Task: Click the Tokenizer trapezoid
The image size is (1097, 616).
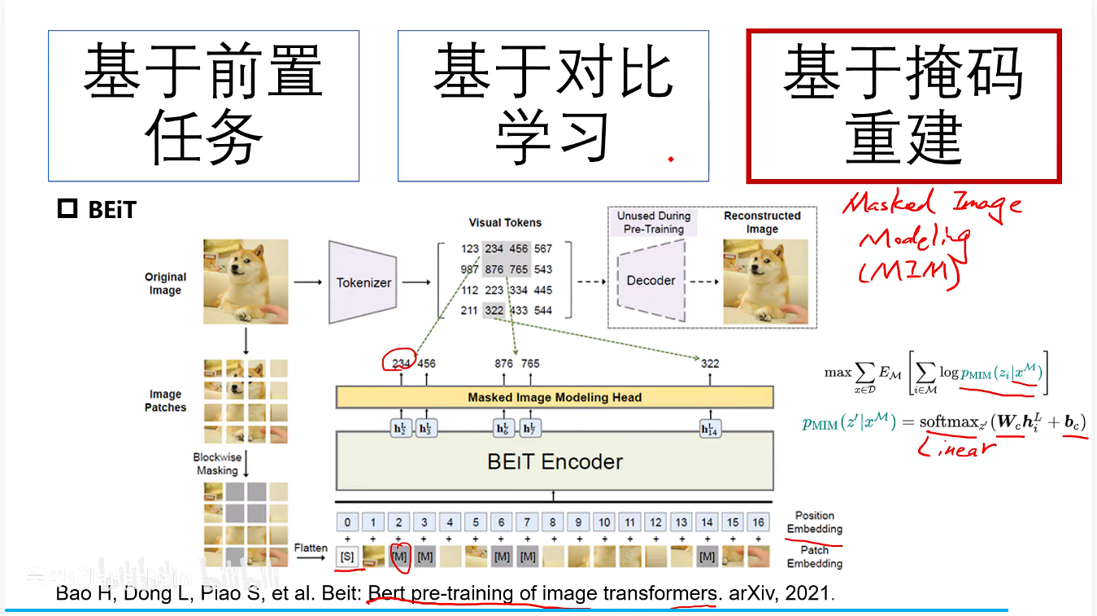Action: [363, 282]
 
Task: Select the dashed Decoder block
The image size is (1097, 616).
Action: [651, 280]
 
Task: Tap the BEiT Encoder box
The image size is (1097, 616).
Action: [555, 461]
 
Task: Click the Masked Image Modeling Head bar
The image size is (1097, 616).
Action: [555, 397]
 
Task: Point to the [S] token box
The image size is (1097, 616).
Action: [347, 557]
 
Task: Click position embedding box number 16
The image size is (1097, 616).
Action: [758, 522]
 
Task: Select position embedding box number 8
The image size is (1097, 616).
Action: [553, 522]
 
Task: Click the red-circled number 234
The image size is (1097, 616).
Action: [400, 363]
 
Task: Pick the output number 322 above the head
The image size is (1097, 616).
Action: [710, 363]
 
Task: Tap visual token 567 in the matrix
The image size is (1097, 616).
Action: [543, 248]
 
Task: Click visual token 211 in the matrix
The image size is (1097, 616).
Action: [469, 310]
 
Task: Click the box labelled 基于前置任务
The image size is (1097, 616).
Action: [203, 106]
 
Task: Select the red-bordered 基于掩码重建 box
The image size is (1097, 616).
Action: [903, 106]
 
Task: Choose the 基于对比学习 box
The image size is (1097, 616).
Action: [553, 106]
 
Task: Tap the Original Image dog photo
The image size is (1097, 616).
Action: [246, 282]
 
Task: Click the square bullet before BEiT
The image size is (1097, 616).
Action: [67, 210]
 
